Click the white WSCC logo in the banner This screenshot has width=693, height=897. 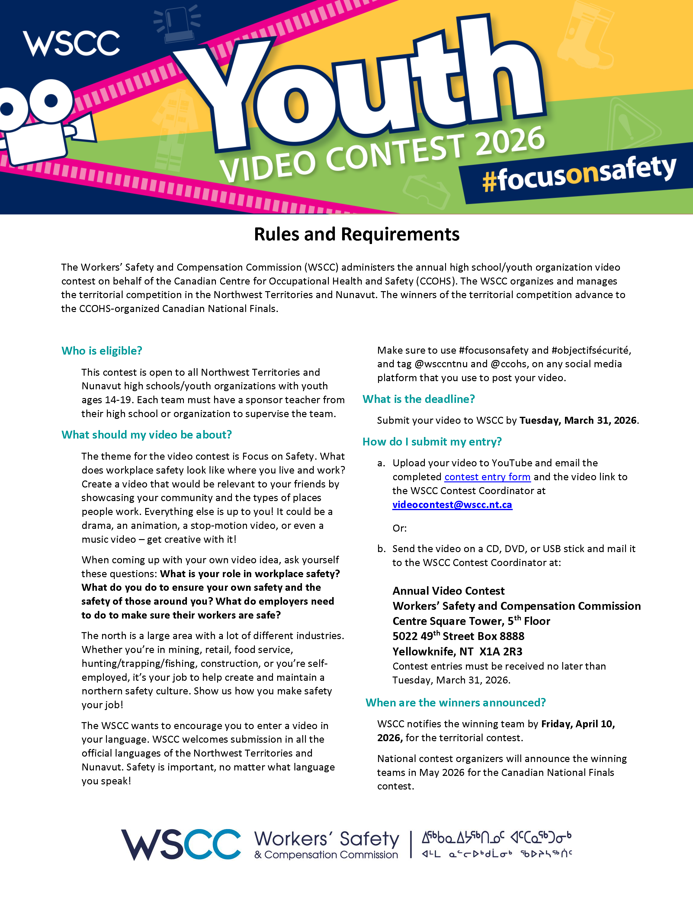coord(71,43)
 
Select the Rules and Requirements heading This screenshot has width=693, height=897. coord(356,234)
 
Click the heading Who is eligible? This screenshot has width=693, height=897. coord(102,351)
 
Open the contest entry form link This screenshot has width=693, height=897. coord(487,477)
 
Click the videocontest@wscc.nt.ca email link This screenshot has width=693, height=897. coord(452,505)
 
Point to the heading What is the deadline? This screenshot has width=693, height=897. coord(418,399)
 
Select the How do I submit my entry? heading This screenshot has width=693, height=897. coord(432,442)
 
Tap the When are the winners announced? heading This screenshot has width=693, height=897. coord(455,703)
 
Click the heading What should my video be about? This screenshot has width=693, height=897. coord(146,435)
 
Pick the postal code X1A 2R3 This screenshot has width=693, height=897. coord(501,652)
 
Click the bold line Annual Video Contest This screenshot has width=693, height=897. coord(448,591)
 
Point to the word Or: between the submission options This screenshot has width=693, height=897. coord(399,528)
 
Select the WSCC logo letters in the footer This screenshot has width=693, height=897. coord(181,844)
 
